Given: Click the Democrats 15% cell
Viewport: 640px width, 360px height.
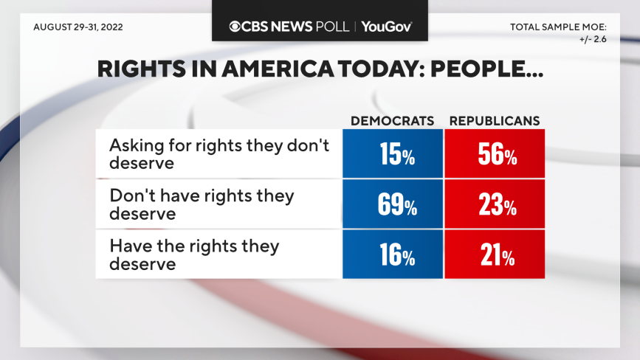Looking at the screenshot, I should click(x=392, y=153).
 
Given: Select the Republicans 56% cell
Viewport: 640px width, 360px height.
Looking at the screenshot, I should click(x=495, y=153).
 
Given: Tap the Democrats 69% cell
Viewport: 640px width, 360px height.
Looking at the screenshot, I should click(x=392, y=204).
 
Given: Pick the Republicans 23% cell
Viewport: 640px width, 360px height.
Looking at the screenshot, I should click(x=495, y=204).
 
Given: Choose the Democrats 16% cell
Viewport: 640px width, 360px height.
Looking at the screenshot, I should click(x=392, y=254).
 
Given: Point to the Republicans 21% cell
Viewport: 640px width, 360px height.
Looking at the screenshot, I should click(x=495, y=254).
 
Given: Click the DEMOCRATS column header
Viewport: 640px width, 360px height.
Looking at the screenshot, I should click(x=392, y=120).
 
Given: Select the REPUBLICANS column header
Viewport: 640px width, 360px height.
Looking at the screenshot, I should click(x=495, y=120).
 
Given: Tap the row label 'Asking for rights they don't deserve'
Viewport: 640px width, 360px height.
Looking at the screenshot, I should click(x=219, y=153).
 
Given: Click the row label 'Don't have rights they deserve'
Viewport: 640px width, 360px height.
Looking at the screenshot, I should click(x=202, y=204).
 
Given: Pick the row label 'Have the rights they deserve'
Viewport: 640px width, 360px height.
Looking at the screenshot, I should click(x=194, y=254).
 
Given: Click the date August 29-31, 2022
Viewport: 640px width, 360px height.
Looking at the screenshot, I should click(x=78, y=27).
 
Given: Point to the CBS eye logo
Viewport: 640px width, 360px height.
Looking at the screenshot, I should click(x=235, y=27).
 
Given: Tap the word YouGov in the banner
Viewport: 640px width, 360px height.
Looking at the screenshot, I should click(x=386, y=27).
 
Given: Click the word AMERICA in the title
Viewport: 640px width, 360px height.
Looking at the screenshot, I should click(x=270, y=70).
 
